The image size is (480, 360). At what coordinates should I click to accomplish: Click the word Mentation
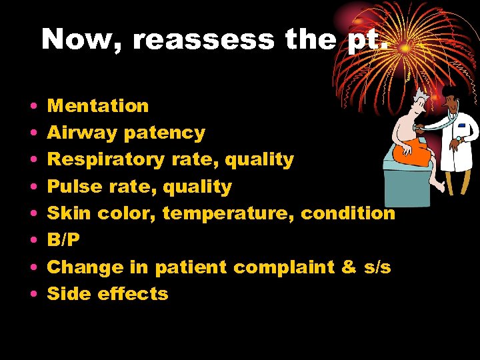(98, 106)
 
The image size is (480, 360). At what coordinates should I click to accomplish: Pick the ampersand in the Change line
(348, 267)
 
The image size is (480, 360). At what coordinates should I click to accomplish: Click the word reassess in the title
(203, 40)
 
